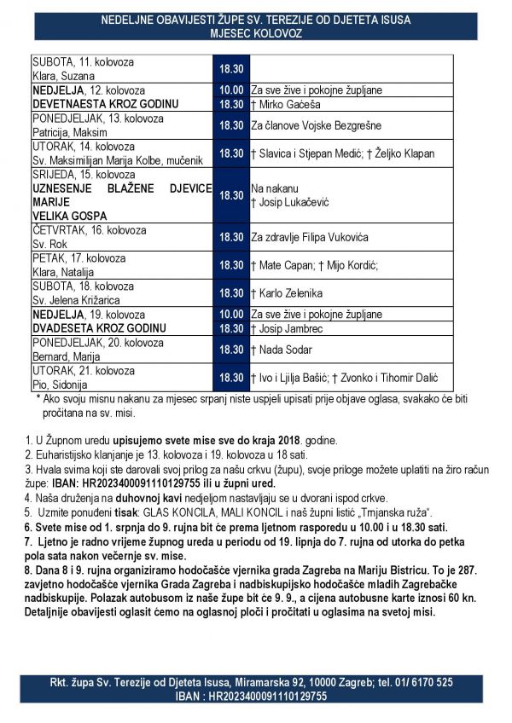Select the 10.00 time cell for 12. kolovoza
(x=231, y=90)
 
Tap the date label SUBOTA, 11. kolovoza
(x=84, y=62)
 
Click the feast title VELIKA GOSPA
(x=71, y=217)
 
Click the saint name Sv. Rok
(x=49, y=244)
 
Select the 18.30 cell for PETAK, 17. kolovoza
(x=231, y=265)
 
